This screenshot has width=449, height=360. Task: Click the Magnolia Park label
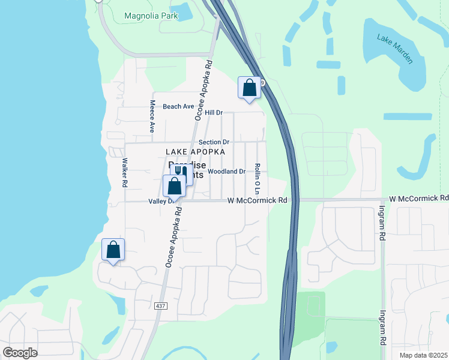click(x=151, y=16)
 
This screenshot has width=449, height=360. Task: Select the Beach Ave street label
click(x=178, y=106)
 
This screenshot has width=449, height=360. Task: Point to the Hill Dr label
click(x=214, y=112)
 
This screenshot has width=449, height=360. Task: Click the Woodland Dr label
click(x=227, y=172)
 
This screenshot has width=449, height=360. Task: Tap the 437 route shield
click(x=160, y=306)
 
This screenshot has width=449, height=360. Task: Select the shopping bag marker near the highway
click(x=249, y=88)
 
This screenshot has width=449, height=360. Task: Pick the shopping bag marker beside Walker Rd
click(x=112, y=250)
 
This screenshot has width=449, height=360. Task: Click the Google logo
click(x=20, y=352)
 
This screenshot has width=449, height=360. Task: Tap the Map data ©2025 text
click(x=423, y=355)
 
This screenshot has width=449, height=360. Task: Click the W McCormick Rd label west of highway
click(x=256, y=200)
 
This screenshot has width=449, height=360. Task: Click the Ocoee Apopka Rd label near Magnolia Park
click(x=204, y=90)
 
